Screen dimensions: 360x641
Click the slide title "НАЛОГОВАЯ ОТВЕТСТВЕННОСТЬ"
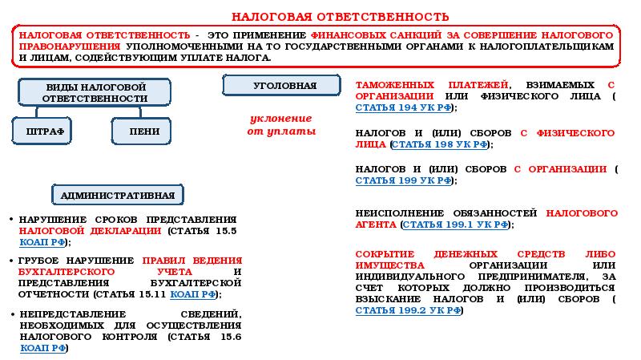(340, 17)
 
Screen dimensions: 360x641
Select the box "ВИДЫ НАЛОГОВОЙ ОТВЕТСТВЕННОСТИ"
(95, 92)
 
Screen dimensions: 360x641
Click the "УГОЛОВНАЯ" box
(284, 85)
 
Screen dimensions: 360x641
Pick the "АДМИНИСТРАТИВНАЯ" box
(119, 195)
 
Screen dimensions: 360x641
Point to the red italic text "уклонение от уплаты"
(280, 124)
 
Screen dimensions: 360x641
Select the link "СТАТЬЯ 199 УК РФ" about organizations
(401, 181)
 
